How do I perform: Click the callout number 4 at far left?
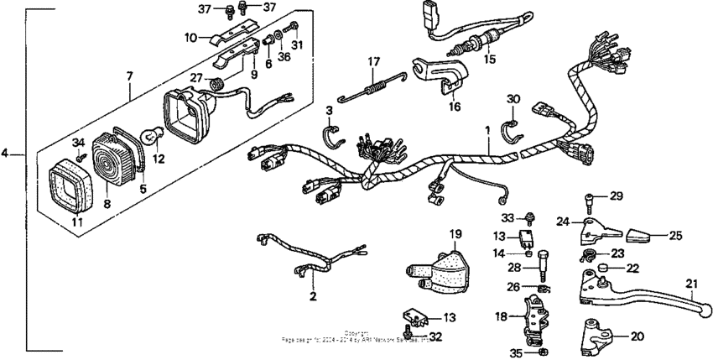click(x=6, y=154)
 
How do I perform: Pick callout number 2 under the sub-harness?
click(x=312, y=295)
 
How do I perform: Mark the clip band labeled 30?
click(x=510, y=128)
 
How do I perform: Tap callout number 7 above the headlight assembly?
click(x=129, y=76)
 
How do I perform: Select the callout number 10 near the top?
click(x=190, y=37)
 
